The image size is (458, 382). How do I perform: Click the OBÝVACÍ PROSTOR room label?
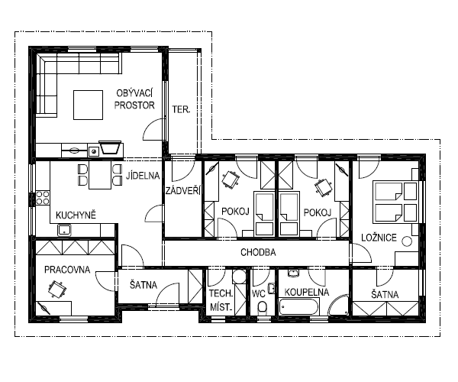coord(134,99)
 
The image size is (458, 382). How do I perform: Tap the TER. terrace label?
coord(181,109)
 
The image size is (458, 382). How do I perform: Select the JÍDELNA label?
coord(143,176)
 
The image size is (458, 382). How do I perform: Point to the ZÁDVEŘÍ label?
coord(183,191)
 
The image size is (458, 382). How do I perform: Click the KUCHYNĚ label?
coord(76,215)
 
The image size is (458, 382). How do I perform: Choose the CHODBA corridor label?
coord(258,252)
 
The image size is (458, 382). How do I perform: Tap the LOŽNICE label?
coord(379,238)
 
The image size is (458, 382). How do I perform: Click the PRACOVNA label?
coord(67,270)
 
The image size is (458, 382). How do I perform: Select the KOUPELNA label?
coord(307,292)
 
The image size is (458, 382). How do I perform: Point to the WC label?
coord(258,293)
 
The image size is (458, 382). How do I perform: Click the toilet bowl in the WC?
coord(262,308)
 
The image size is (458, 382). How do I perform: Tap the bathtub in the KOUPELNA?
coord(298,307)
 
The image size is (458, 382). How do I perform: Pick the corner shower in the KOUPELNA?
coord(340,306)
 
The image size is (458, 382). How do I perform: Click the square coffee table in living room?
coord(88,105)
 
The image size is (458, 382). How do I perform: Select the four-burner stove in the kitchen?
coord(43,198)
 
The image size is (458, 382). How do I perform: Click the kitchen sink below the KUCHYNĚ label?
coord(65,230)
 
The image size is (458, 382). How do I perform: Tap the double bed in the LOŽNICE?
coord(395,202)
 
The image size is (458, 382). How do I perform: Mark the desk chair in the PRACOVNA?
coord(56,289)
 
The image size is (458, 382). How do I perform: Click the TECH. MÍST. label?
coord(221,300)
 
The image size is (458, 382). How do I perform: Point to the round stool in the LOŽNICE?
coord(407,241)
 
